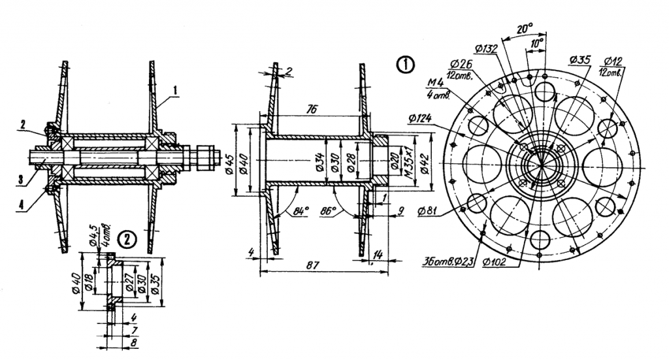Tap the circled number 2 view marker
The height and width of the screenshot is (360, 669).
click(128, 239)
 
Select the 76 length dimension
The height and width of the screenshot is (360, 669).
click(312, 111)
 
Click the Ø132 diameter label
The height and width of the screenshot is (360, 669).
click(487, 48)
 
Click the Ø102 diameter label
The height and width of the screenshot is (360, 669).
click(495, 263)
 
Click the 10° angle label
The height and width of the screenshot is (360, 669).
click(537, 42)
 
